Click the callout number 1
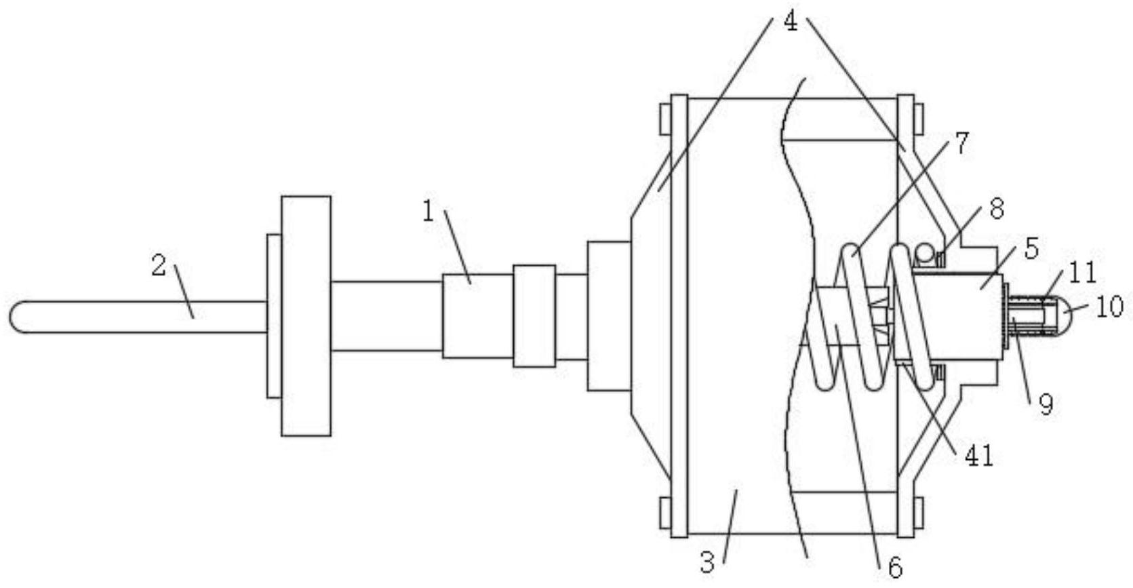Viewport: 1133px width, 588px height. tap(428, 212)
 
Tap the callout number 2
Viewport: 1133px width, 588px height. tap(159, 265)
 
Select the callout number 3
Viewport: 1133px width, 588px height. tap(707, 562)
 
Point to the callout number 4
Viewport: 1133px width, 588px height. tap(791, 22)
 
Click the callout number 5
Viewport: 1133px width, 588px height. tap(1031, 249)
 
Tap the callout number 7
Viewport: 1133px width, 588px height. tap(962, 143)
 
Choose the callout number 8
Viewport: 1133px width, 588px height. tap(996, 209)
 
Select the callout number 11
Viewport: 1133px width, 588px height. tap(1083, 273)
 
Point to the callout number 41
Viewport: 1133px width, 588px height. tap(979, 456)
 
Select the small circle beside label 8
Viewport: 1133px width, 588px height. tap(923, 254)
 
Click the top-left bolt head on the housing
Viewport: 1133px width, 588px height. tap(664, 119)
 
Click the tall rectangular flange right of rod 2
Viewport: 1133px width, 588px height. tap(306, 316)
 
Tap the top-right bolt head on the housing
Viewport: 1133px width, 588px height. tap(918, 119)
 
